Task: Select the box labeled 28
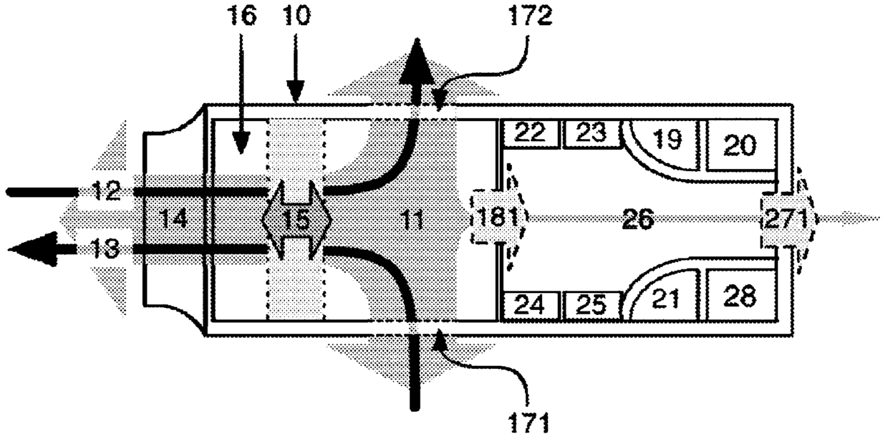click(x=740, y=294)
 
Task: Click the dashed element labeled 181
click(x=498, y=218)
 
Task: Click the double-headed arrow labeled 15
click(x=296, y=219)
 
